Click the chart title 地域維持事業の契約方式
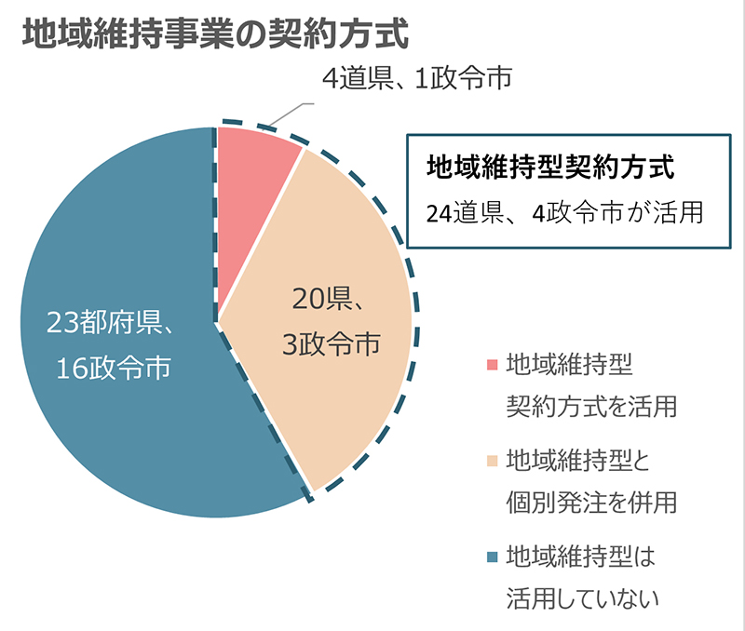pos(215,34)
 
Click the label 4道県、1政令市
pos(416,79)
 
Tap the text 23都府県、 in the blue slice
pos(113,325)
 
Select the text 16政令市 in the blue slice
pos(113,369)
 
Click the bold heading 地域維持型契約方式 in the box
pos(549,168)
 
